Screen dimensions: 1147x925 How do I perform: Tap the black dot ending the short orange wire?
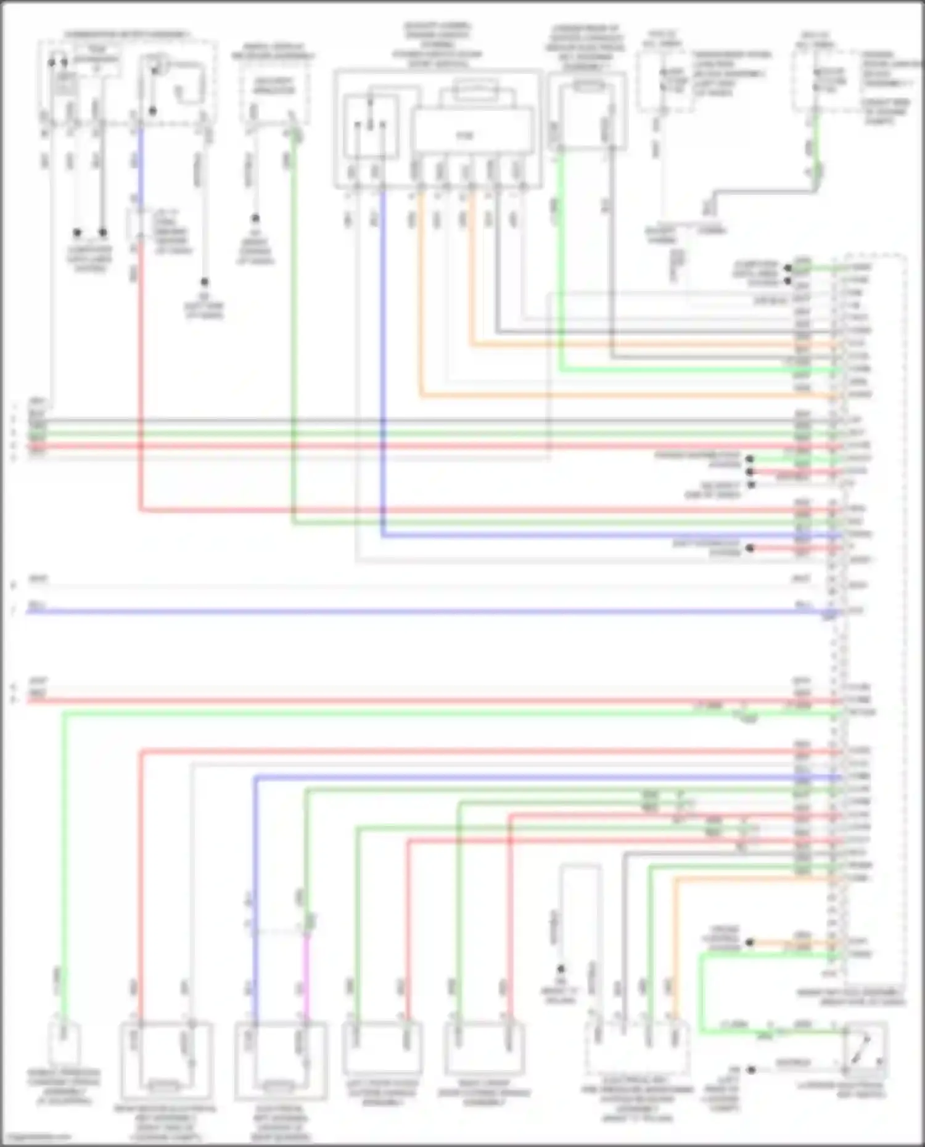[x=750, y=943]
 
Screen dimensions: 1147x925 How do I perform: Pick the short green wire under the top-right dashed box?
[x=816, y=142]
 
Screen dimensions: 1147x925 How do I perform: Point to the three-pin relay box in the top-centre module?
[x=369, y=126]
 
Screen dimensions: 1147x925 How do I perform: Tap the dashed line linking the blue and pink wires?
[x=281, y=931]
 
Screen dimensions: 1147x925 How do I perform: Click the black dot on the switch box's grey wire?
[x=751, y=1070]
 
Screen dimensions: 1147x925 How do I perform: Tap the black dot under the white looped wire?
[x=561, y=968]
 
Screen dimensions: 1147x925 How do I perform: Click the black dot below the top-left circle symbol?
[x=153, y=112]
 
